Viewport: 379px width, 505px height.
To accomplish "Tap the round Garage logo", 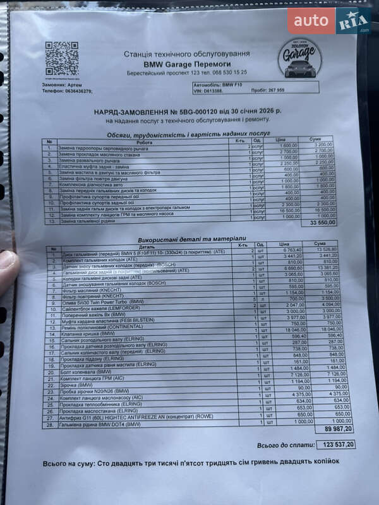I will [x=299, y=57].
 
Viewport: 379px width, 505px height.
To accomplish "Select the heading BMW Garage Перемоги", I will [x=186, y=64].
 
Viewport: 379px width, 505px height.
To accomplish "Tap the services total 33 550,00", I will [x=322, y=223].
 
